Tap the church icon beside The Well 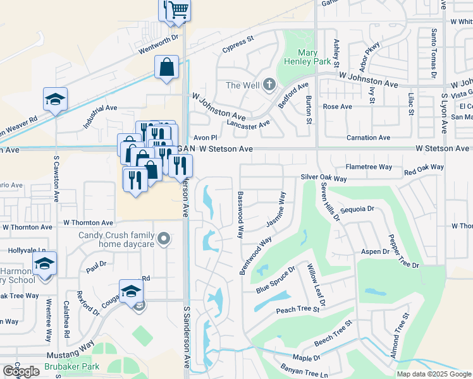pyautogui.click(x=269, y=85)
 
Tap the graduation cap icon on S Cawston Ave pyautogui.click(x=56, y=99)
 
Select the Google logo pyautogui.click(x=20, y=371)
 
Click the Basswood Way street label pyautogui.click(x=240, y=215)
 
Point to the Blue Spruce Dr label pyautogui.click(x=276, y=279)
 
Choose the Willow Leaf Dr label pyautogui.click(x=316, y=286)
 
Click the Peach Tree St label pyautogui.click(x=298, y=310)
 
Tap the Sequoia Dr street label pyautogui.click(x=358, y=208)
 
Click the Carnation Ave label pyautogui.click(x=368, y=138)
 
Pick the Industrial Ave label pyautogui.click(x=101, y=117)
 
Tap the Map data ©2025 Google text pyautogui.click(x=434, y=374)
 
